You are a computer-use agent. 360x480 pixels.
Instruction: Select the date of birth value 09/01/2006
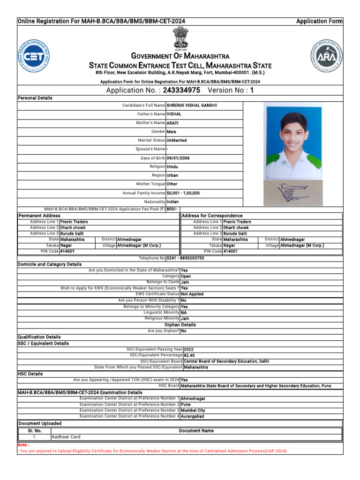coord(178,158)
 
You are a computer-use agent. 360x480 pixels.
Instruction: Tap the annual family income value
coord(183,193)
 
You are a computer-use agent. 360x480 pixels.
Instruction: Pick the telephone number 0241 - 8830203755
coord(185,258)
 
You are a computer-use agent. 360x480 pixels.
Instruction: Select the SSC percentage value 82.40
coord(189,355)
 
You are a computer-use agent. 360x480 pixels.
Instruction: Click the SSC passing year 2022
coord(188,349)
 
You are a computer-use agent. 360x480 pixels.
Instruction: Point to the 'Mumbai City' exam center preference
coord(193,410)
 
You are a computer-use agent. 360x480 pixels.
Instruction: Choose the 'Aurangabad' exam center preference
coord(192,416)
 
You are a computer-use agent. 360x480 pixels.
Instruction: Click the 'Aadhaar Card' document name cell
coord(66,437)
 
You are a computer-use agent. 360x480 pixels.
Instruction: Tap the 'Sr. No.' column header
coord(35,430)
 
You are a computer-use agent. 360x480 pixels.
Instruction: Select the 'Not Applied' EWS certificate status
coord(192,294)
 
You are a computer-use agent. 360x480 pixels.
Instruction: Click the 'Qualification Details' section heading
coord(39,337)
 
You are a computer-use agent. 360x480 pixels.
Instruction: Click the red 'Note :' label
coord(23,445)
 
